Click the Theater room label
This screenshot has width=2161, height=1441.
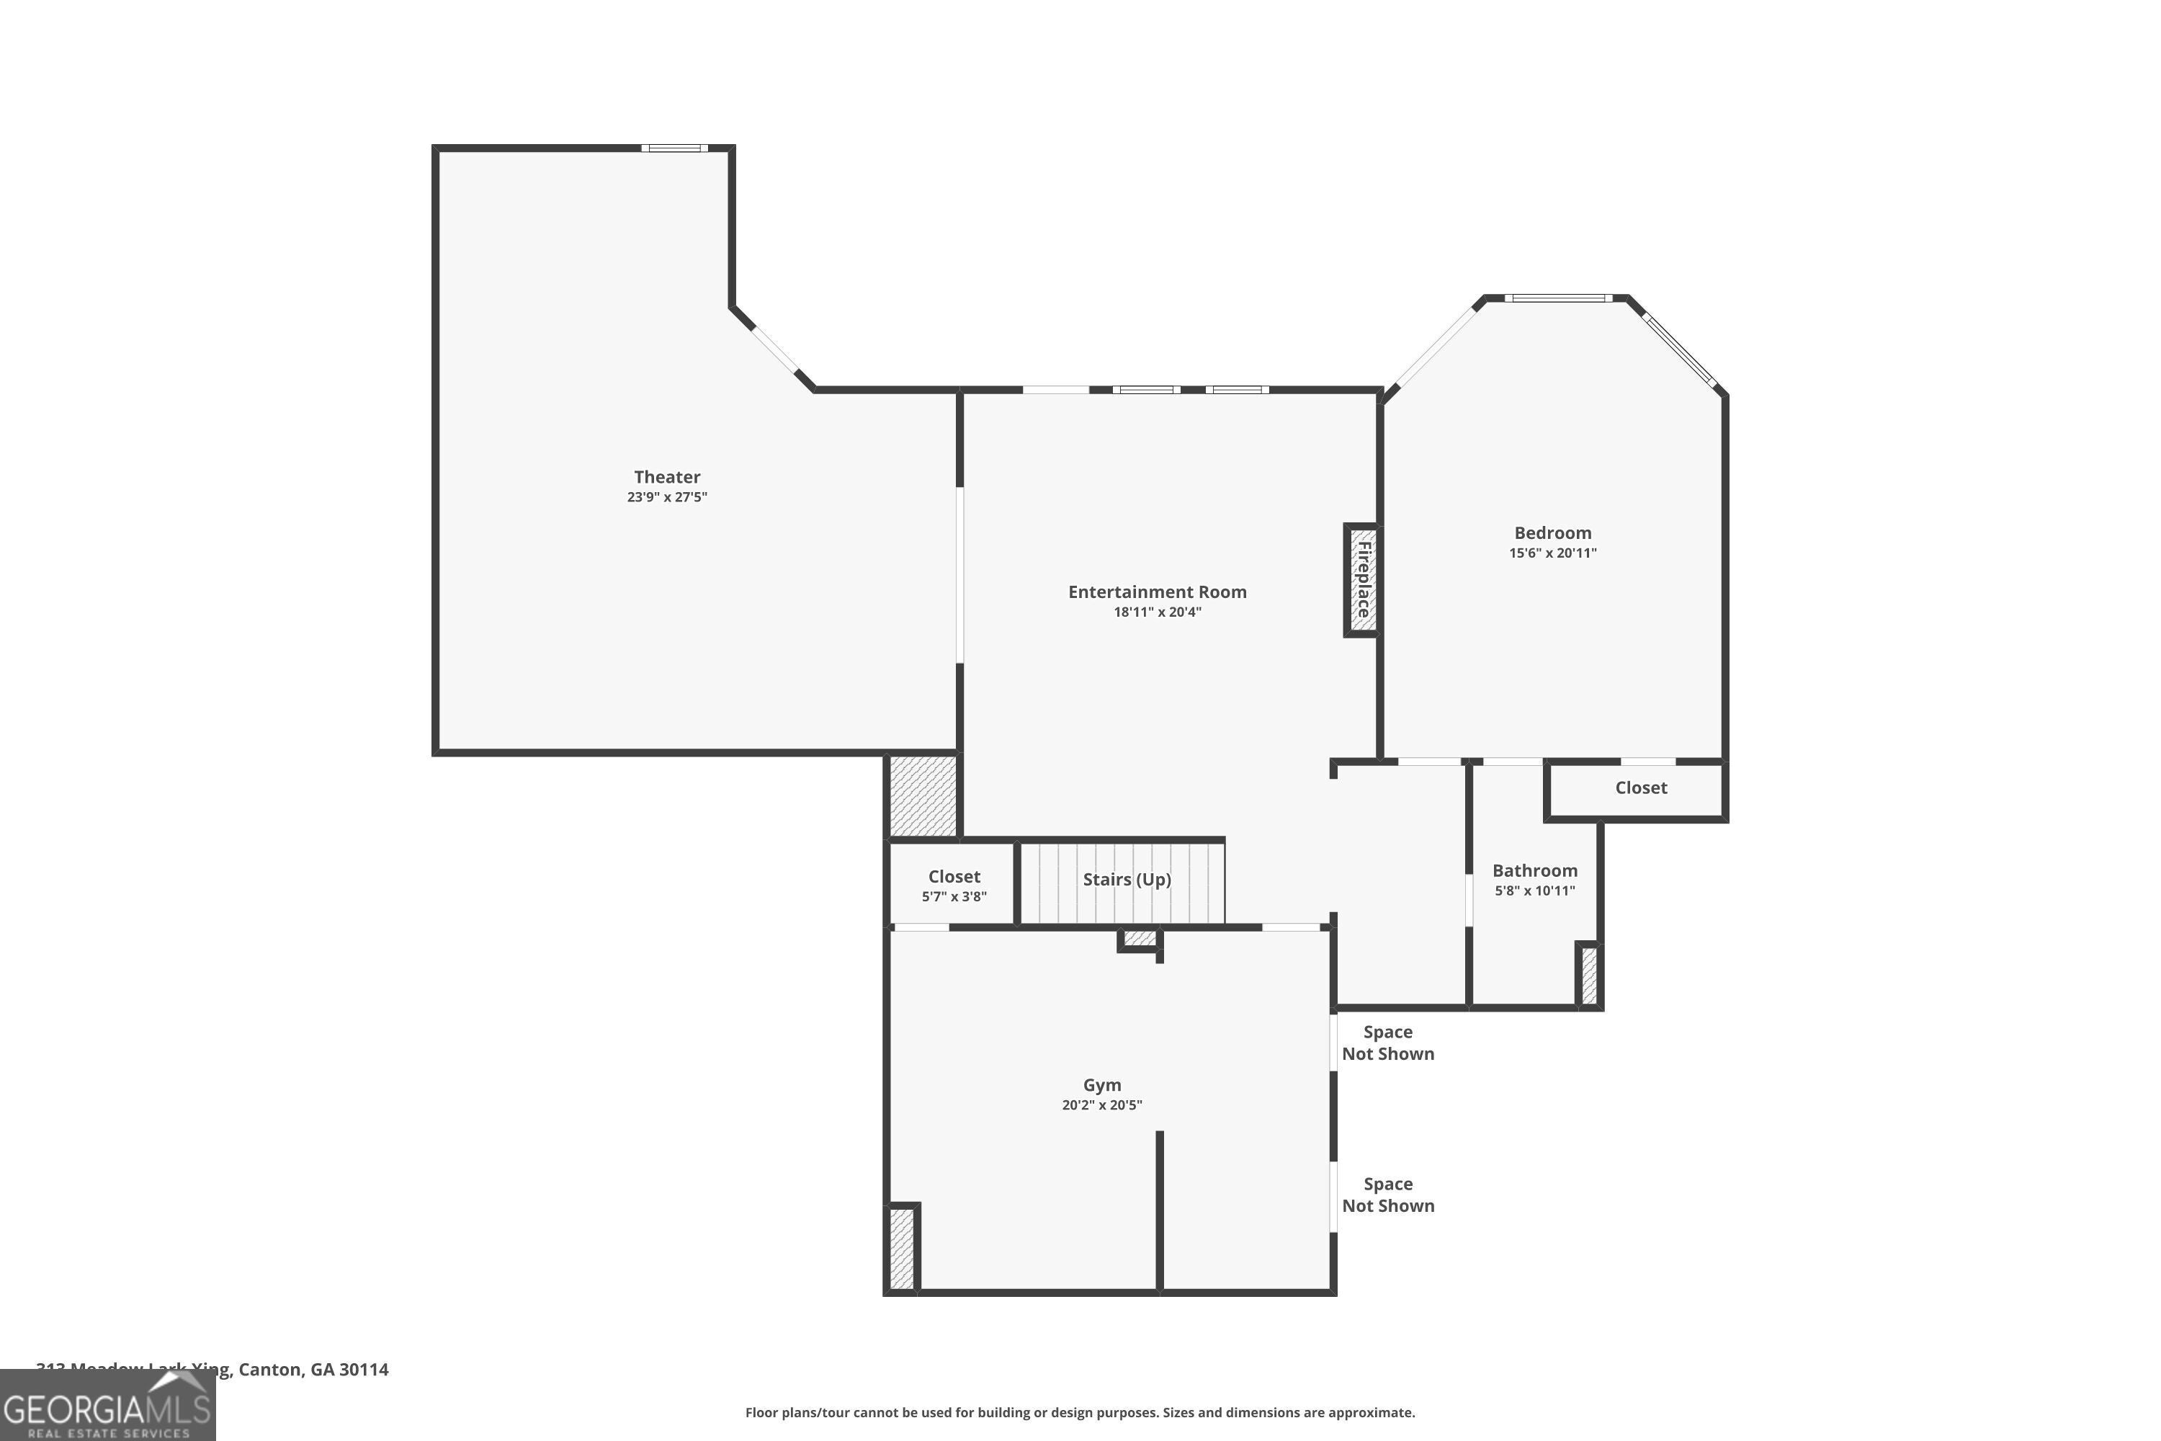pos(667,477)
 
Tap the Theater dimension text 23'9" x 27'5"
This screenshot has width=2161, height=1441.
pos(667,497)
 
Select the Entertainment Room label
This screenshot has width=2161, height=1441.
pos(1157,592)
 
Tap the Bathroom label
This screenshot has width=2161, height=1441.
pos(1534,870)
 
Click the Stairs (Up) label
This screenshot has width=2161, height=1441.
pos(1127,880)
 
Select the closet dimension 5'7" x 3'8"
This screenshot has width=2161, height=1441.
pos(954,897)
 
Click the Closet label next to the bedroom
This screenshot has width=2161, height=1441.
pos(1641,788)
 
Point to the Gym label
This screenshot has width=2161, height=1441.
pos(1101,1085)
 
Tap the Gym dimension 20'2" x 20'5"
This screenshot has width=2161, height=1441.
pos(1101,1105)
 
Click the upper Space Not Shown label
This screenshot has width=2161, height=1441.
pos(1387,1043)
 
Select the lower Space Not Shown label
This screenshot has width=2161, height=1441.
pos(1387,1195)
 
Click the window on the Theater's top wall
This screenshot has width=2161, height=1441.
pos(674,148)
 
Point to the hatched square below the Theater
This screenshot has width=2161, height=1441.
pos(923,796)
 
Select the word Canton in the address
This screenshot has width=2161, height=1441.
pos(270,1370)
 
